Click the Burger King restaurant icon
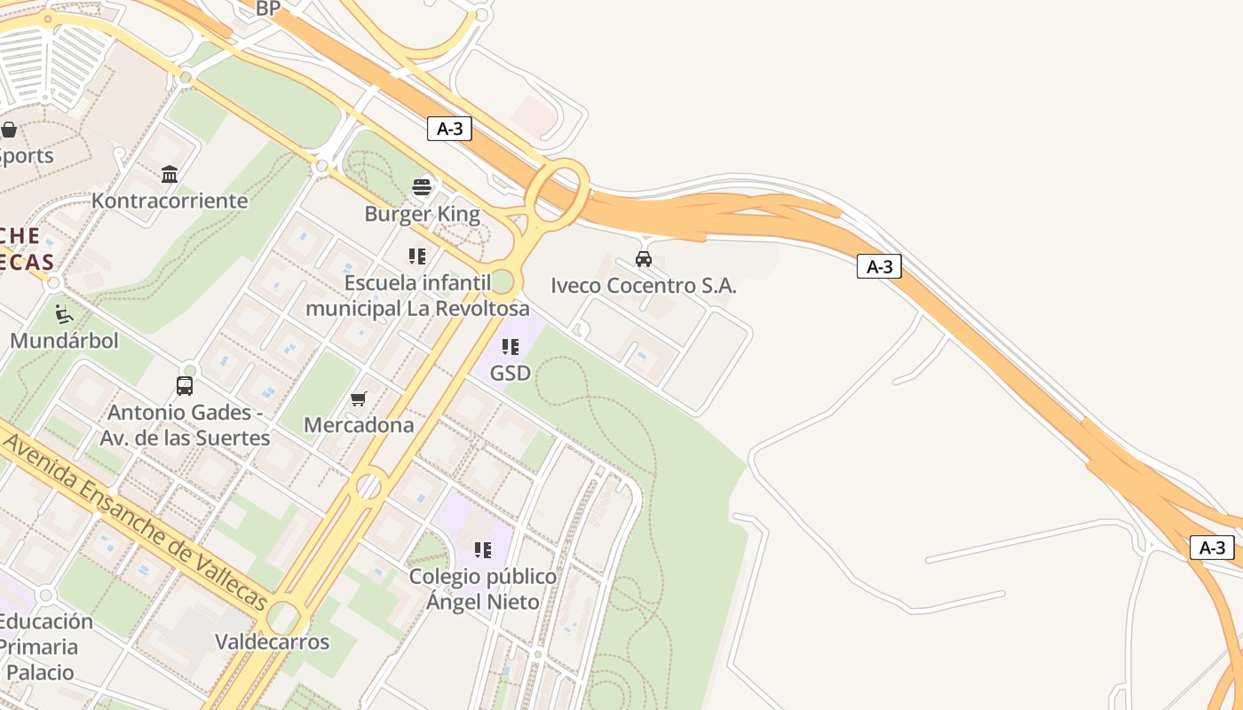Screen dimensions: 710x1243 422,186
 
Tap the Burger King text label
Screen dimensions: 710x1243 422,214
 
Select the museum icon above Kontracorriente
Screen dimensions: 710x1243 170,173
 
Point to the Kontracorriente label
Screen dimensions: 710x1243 170,201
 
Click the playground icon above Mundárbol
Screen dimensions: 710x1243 64,313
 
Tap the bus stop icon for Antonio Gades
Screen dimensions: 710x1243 185,385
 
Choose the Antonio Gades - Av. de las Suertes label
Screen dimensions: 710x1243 185,425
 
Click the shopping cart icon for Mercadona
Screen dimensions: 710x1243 359,398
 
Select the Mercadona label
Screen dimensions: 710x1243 359,425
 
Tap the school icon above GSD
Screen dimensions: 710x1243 511,346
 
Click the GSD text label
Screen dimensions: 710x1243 511,374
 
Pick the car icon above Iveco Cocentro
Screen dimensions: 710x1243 644,259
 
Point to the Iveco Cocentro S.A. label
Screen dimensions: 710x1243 644,286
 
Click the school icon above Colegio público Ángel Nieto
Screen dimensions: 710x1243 483,549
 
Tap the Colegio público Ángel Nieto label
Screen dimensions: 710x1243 483,589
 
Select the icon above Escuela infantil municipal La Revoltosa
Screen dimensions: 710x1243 417,256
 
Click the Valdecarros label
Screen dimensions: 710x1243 273,642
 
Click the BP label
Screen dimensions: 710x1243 268,9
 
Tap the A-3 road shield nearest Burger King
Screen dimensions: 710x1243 449,129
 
